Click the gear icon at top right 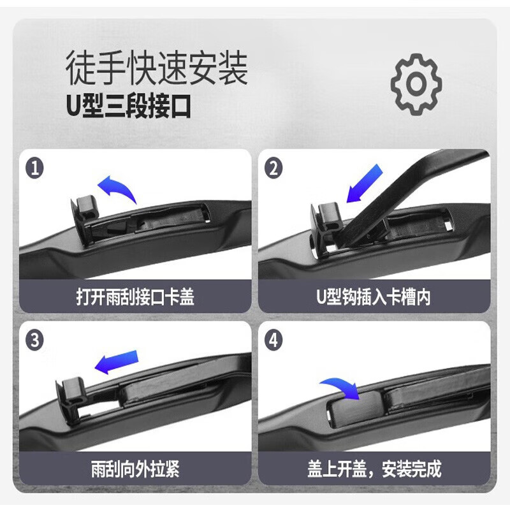pos(416,84)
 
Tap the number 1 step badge pos(36,169)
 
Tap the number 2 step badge pos(274,169)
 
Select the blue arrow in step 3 pos(117,361)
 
